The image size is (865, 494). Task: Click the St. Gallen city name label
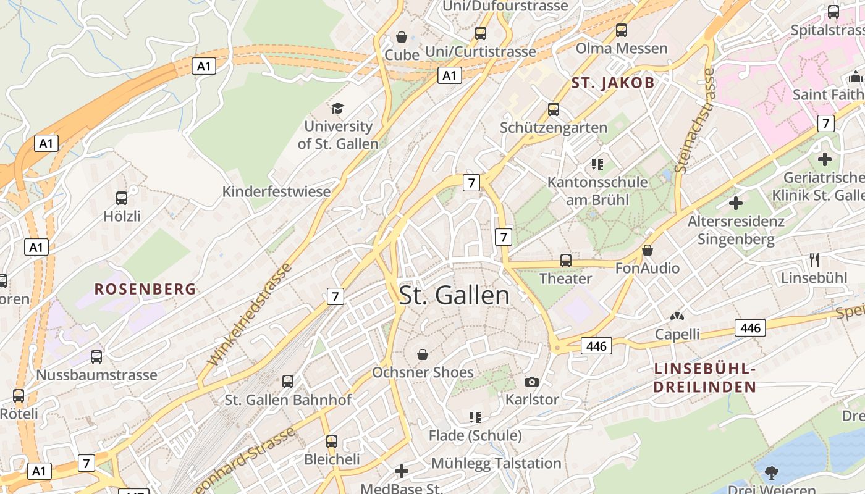coord(455,295)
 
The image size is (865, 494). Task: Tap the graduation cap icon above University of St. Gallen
coord(337,109)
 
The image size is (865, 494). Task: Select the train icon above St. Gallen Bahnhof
coord(288,382)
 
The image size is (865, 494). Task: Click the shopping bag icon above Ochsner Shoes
coord(423,354)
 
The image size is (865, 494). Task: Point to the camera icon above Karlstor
coord(531,382)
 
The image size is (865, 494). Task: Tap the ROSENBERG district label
coord(145,289)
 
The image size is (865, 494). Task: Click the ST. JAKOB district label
coord(612,83)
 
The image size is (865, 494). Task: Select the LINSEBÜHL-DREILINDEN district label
coord(705,379)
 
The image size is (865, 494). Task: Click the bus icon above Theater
coord(565,261)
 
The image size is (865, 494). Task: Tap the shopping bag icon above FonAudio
coord(647,250)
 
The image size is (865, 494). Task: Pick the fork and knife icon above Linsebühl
coord(814,260)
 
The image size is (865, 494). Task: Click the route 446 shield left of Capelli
coord(596,346)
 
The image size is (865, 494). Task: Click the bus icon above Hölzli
coord(122,198)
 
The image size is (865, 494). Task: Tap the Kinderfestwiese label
coord(276,191)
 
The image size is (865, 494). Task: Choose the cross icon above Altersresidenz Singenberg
coord(735,203)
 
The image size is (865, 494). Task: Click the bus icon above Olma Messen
coord(622,30)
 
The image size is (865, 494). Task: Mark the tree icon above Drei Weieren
coord(771,473)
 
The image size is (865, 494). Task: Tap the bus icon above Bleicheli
coord(332,442)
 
